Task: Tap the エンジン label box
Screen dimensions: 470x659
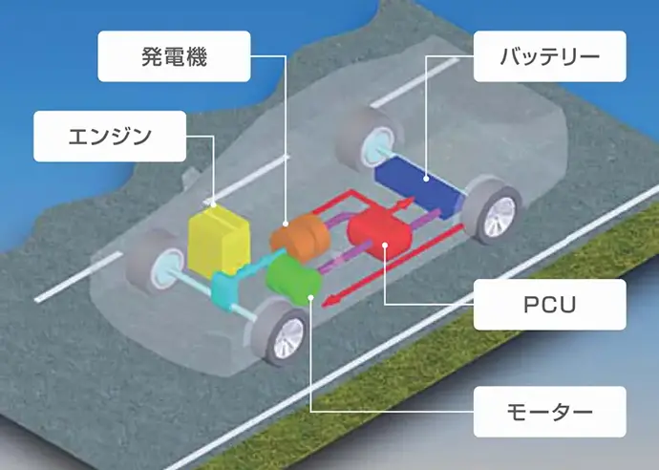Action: point(109,135)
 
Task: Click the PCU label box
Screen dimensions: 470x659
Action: point(549,305)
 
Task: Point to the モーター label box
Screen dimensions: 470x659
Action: point(549,412)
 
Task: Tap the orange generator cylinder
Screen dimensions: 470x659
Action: point(300,233)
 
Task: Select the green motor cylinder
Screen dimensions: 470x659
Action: point(291,279)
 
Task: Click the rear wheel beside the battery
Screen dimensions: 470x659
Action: point(493,211)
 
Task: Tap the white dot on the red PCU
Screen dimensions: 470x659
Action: point(384,247)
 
